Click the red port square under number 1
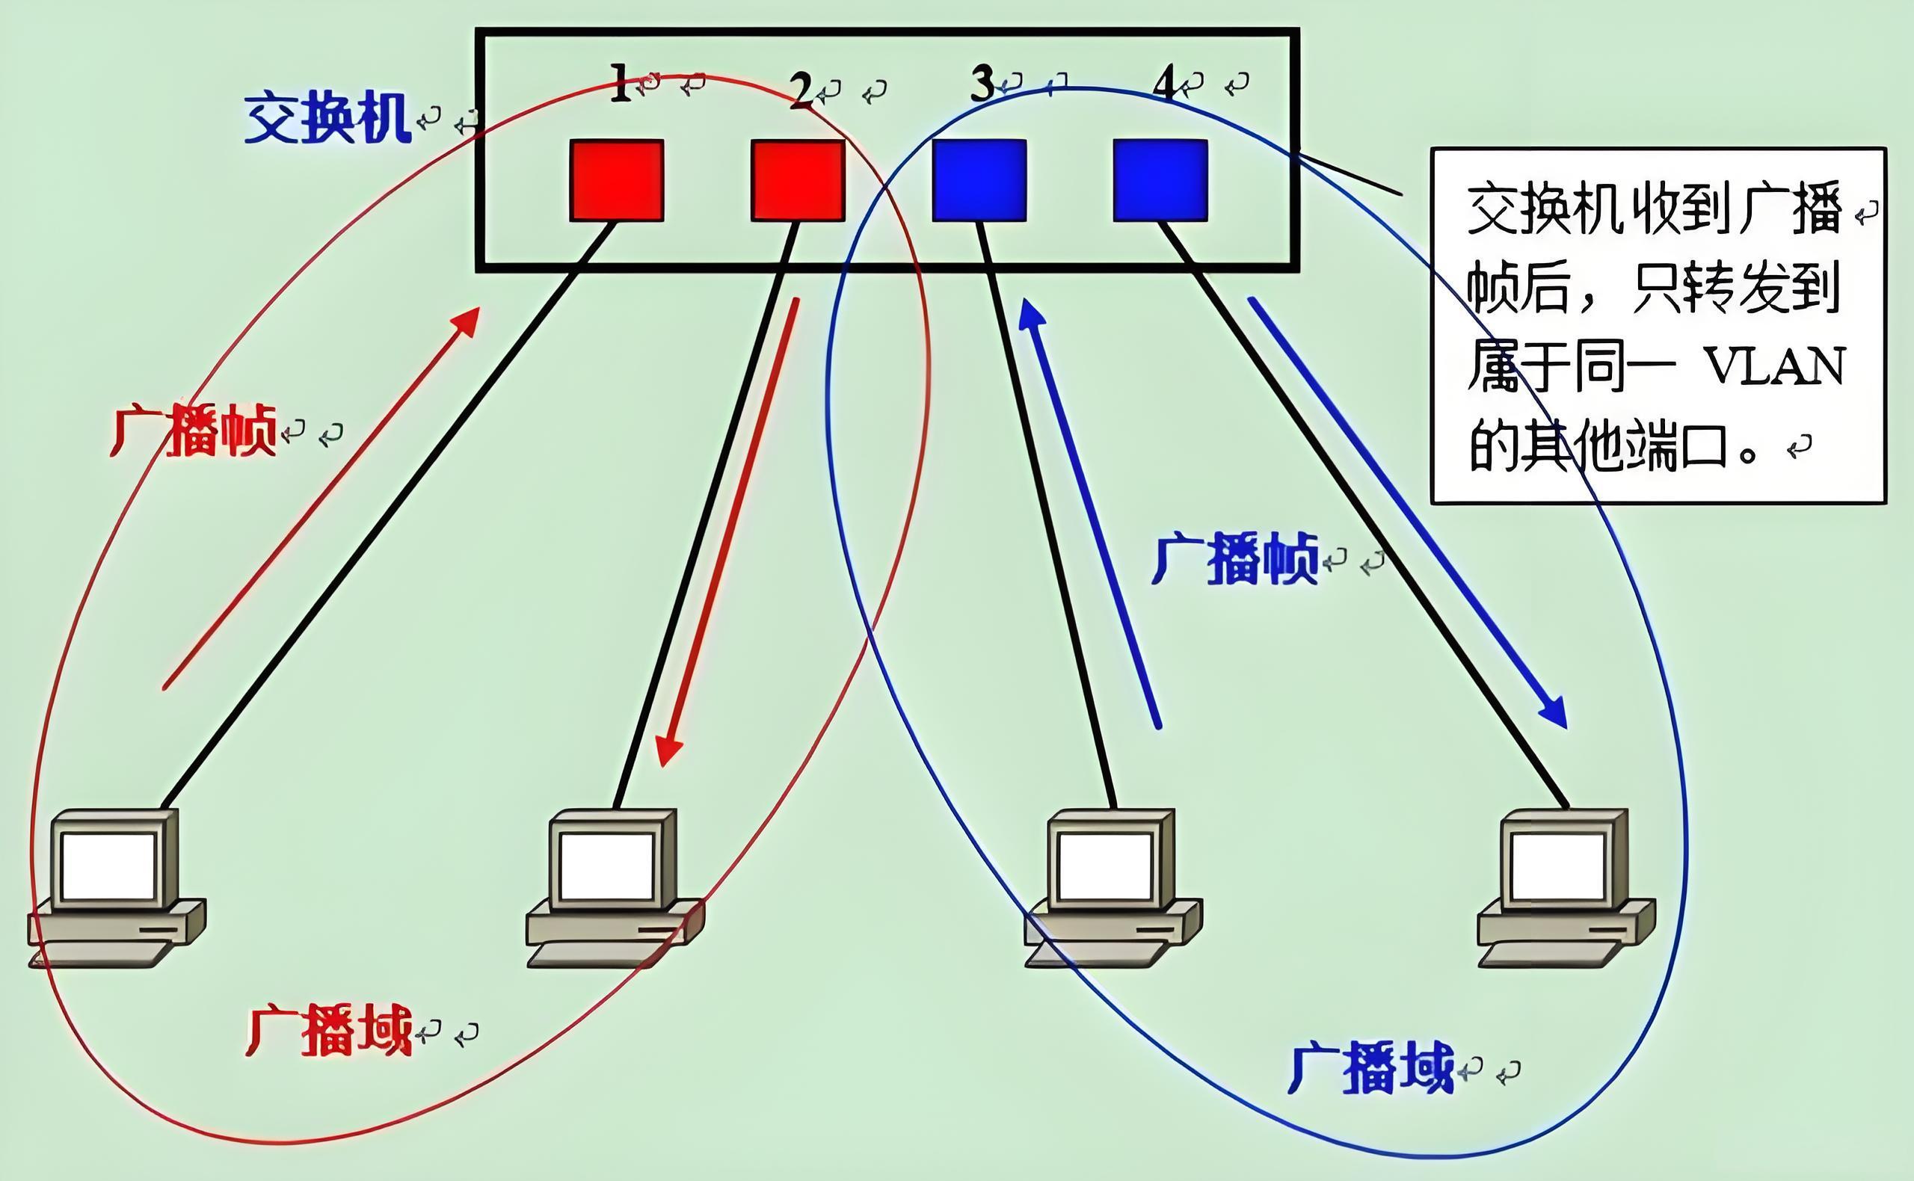(616, 180)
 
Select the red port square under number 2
(798, 180)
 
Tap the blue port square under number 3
(979, 180)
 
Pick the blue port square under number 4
(1160, 180)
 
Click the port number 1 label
(621, 84)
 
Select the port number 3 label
(982, 84)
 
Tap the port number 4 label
(1164, 84)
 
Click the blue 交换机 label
(327, 118)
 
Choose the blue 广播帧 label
(1235, 558)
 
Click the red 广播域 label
(329, 1031)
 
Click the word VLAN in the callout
(1773, 366)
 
